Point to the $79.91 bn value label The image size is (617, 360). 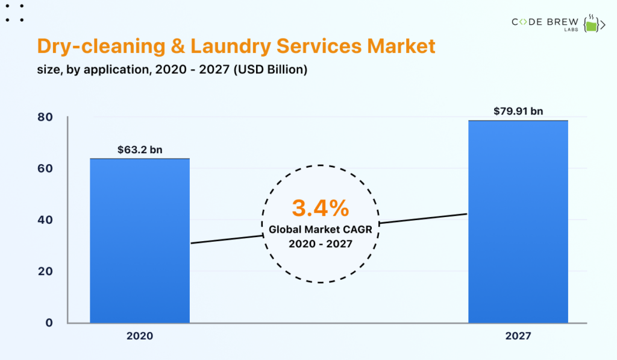click(518, 112)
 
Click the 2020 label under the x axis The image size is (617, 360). click(140, 336)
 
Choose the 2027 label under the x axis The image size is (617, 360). click(518, 336)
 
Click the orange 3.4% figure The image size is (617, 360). click(320, 208)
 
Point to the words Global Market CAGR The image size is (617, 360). click(320, 230)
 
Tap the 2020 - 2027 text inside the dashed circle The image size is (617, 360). click(320, 244)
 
